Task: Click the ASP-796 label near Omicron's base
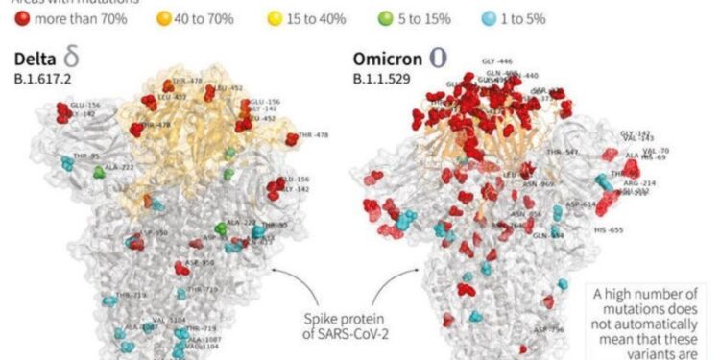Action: pos(548,329)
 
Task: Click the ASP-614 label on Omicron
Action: pos(581,204)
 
